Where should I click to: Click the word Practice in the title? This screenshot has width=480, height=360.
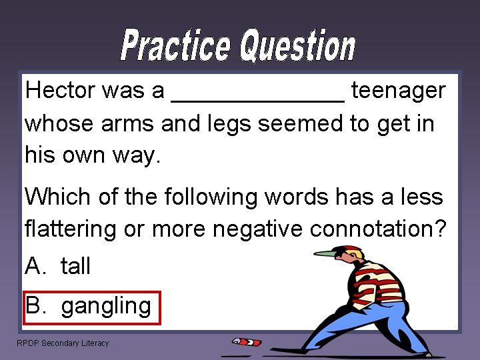pos(176,46)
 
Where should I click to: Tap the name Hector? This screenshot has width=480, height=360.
pos(60,91)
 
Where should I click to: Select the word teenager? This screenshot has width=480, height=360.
pos(398,91)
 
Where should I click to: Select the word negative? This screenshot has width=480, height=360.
pos(259,229)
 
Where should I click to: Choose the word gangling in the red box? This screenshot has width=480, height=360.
pos(106,306)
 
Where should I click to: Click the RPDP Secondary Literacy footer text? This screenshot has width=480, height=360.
pos(63,343)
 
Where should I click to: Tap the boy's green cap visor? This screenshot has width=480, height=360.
pos(325,253)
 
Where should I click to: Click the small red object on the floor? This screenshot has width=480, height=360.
pos(247,341)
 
